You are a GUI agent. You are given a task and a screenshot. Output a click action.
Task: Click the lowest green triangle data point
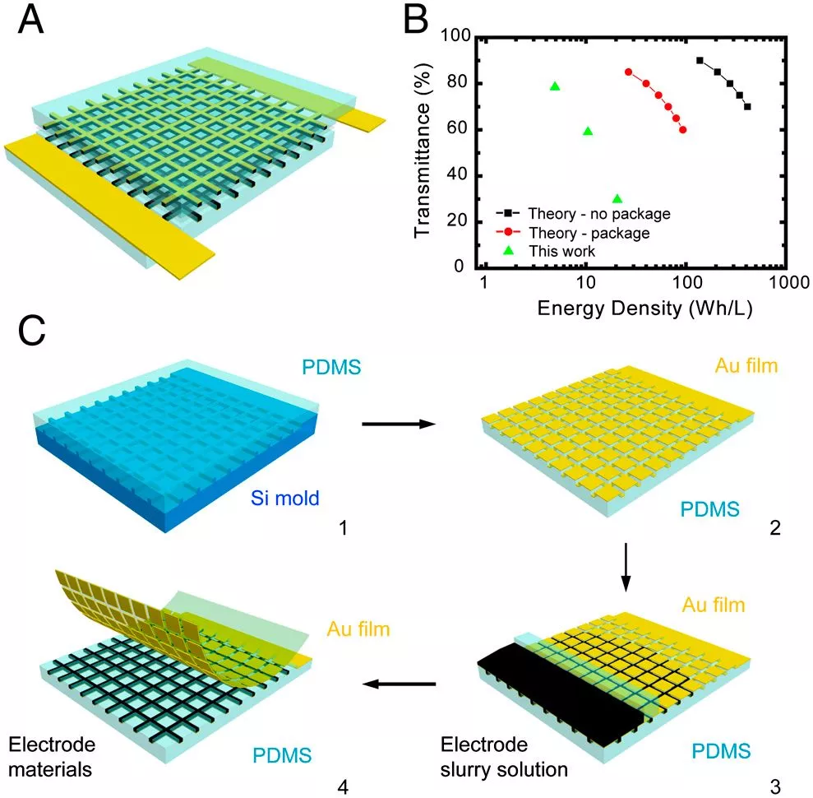click(617, 198)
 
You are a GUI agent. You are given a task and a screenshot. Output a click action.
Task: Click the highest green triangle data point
click(555, 86)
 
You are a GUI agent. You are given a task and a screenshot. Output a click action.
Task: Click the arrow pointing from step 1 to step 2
click(399, 425)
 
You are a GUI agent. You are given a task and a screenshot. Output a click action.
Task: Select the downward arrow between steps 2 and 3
click(626, 568)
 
